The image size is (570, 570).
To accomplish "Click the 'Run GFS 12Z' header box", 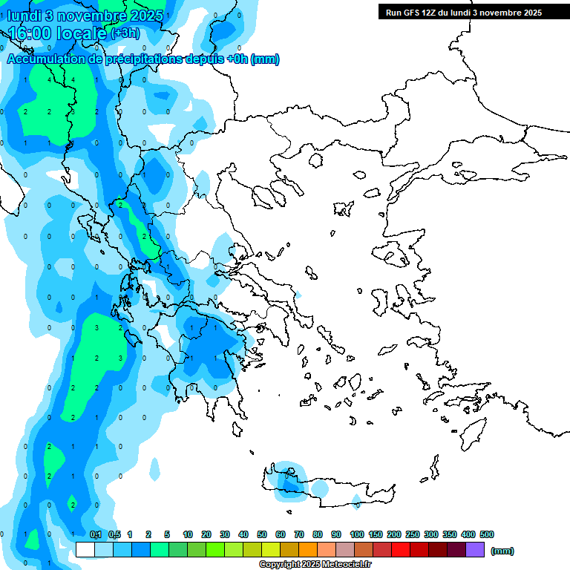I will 463,12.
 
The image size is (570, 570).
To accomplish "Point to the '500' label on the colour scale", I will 487,534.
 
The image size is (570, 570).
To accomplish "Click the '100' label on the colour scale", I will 357,534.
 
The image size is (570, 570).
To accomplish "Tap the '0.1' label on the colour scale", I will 96,534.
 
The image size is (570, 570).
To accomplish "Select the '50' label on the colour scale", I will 262,534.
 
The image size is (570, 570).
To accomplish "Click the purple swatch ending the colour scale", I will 475,549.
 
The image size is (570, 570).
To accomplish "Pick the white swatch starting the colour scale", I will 85,549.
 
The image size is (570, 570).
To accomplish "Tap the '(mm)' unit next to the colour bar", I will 502,551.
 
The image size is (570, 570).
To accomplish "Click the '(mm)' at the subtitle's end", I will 265,59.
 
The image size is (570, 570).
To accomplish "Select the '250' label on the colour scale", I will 413,534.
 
